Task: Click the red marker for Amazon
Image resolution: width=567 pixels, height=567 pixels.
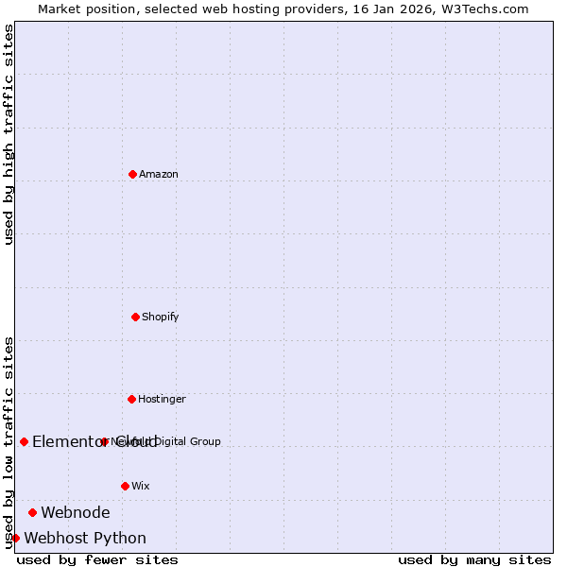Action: coord(132,174)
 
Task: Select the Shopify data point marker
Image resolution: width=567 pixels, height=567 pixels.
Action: coord(135,317)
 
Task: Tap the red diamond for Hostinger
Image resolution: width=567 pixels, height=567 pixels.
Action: coord(131,399)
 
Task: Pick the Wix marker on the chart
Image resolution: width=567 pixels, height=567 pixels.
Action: coord(125,486)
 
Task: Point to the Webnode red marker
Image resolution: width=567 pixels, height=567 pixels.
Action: coord(32,512)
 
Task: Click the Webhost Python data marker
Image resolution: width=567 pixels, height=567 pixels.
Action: coord(15,538)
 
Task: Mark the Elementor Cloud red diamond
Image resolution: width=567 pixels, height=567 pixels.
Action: coord(24,441)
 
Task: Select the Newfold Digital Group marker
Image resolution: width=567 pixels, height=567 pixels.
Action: coord(104,441)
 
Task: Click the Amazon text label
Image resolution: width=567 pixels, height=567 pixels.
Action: coord(159,174)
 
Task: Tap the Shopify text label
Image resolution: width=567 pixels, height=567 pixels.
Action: coord(161,317)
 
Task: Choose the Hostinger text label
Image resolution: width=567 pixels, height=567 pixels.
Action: coord(162,399)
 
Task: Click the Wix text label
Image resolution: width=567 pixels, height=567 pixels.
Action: coord(141,486)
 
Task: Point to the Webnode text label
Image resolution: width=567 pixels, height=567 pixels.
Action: coord(76,512)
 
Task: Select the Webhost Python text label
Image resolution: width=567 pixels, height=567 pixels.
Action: coord(85,538)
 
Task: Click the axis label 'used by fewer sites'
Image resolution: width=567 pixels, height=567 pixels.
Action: coord(97,559)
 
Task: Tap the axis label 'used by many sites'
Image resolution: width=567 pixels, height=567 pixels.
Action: coord(474,559)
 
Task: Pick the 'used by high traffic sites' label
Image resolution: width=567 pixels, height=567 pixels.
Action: coord(9,134)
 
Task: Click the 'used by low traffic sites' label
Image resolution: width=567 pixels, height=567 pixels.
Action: coord(9,442)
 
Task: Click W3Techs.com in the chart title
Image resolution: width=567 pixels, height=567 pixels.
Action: coord(489,9)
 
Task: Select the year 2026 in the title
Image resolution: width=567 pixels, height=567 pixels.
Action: coord(401,9)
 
